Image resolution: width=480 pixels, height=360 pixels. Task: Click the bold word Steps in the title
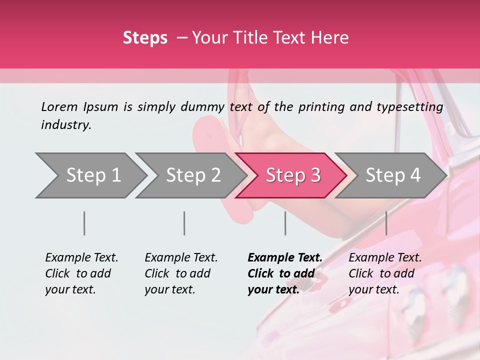[x=145, y=38]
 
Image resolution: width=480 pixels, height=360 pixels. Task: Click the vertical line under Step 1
[x=84, y=223]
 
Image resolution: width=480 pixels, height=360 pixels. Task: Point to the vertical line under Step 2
[x=184, y=223]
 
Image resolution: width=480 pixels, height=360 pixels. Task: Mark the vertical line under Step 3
[x=285, y=223]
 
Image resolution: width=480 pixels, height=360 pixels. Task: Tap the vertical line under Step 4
[x=386, y=223]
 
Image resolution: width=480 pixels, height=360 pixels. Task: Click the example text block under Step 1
[x=81, y=273]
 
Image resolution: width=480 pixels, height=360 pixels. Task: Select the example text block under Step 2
[x=181, y=273]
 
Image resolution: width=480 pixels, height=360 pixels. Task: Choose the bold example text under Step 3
[x=285, y=273]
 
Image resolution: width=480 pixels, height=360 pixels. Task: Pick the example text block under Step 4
[x=385, y=273]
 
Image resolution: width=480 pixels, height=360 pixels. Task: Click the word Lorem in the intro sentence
[x=59, y=106]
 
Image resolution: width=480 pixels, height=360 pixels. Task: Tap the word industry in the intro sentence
[x=66, y=125]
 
